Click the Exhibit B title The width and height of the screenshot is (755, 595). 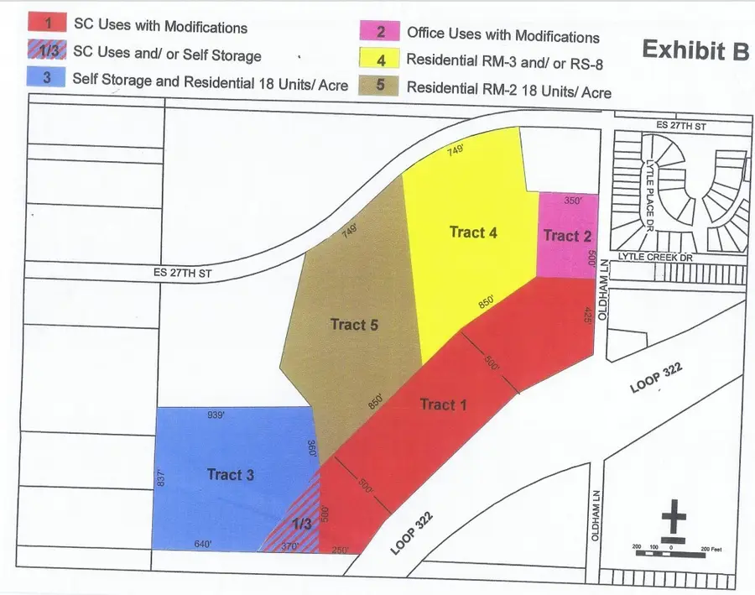point(695,50)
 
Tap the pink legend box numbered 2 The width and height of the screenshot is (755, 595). point(380,33)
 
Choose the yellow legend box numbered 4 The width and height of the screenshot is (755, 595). point(380,60)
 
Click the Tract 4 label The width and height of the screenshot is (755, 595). point(473,232)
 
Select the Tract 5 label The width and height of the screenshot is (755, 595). point(347,325)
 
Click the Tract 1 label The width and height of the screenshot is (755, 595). point(442,405)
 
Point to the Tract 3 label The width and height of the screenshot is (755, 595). point(230,475)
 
